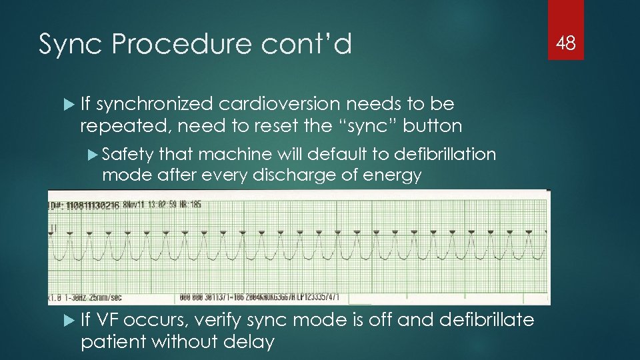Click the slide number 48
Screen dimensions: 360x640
[566, 43]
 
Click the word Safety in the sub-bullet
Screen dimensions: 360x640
[128, 155]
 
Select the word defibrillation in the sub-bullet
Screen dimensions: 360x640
[445, 155]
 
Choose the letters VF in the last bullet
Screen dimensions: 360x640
[109, 321]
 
